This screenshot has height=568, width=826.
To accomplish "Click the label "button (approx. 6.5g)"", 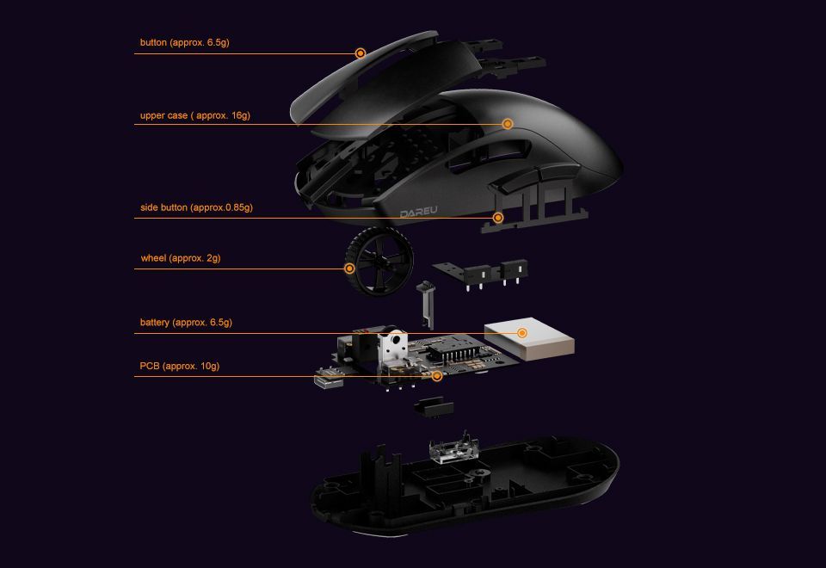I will (x=185, y=42).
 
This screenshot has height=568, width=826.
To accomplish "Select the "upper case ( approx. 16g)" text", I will (x=195, y=115).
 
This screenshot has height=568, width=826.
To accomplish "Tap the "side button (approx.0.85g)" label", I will (x=196, y=207).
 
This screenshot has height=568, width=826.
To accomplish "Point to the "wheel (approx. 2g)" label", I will (x=181, y=258).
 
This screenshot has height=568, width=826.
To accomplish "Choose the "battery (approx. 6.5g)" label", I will (x=186, y=323).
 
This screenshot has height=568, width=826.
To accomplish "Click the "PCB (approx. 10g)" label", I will (x=180, y=367).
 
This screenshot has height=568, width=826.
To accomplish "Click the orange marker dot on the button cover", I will (x=361, y=53).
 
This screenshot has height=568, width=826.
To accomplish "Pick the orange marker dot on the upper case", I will (x=508, y=124).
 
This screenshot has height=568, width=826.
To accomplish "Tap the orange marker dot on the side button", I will (x=498, y=218).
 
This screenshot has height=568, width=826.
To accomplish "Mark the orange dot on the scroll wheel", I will (x=349, y=269).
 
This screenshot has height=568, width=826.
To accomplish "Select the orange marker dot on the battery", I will (x=522, y=333).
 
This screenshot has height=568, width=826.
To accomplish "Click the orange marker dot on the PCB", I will (x=437, y=376).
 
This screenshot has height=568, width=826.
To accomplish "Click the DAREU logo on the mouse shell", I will (x=419, y=213).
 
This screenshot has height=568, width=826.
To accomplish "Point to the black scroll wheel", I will (x=379, y=261).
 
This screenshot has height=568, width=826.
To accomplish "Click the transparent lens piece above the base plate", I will (x=451, y=451).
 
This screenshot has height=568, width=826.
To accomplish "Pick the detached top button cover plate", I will (x=370, y=82).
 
